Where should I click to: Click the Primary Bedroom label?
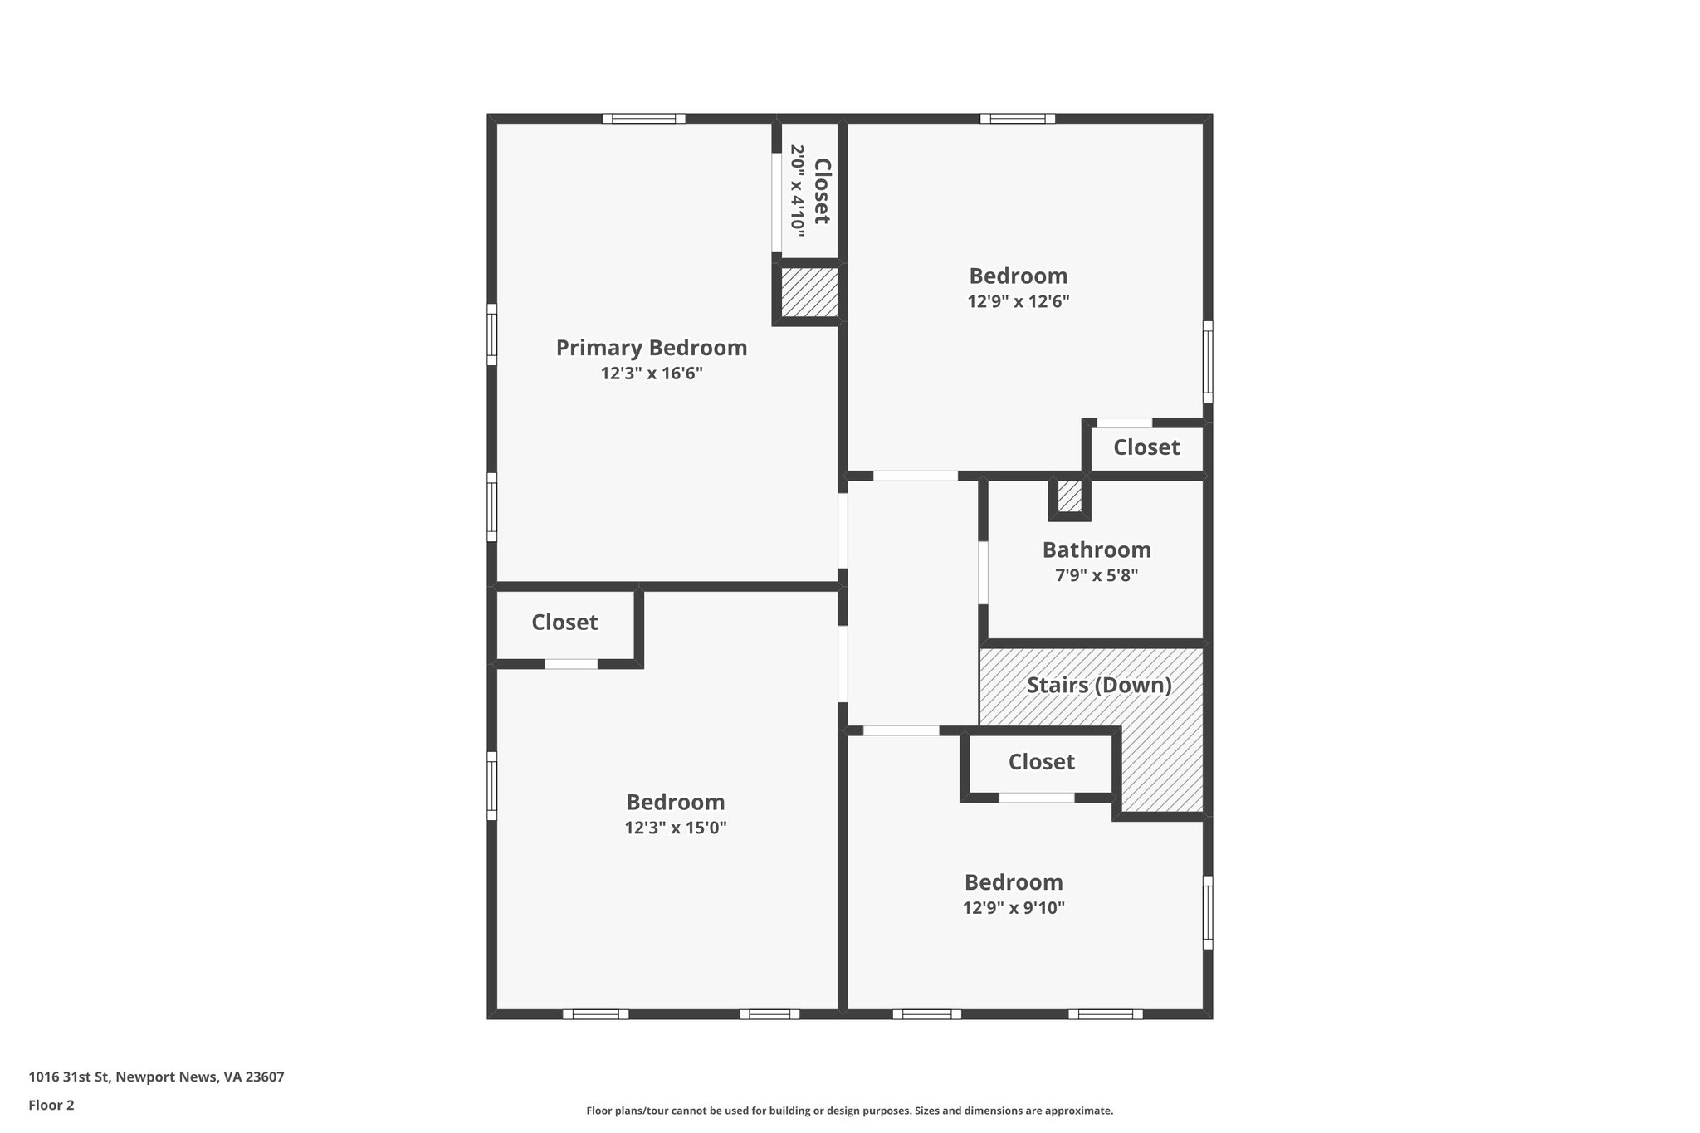651,348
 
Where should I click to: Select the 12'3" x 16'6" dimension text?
652,374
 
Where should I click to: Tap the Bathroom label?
1096,549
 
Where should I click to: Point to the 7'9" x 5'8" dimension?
1096,575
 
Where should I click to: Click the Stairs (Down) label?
1098,686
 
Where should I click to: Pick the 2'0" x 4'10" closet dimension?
798,188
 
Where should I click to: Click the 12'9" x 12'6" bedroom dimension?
1018,301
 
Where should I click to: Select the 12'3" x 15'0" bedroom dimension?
675,828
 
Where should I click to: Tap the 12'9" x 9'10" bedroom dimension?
1013,907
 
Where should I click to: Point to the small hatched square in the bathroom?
1069,496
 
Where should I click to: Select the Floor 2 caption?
51,1105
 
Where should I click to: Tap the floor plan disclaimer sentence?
849,1111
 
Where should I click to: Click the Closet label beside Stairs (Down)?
1041,762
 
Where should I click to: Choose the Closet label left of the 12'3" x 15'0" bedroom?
564,623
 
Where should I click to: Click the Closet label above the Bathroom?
1146,447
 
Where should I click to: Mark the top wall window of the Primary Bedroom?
644,119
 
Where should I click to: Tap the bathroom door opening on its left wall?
983,573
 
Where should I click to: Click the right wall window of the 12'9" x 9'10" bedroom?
1208,912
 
